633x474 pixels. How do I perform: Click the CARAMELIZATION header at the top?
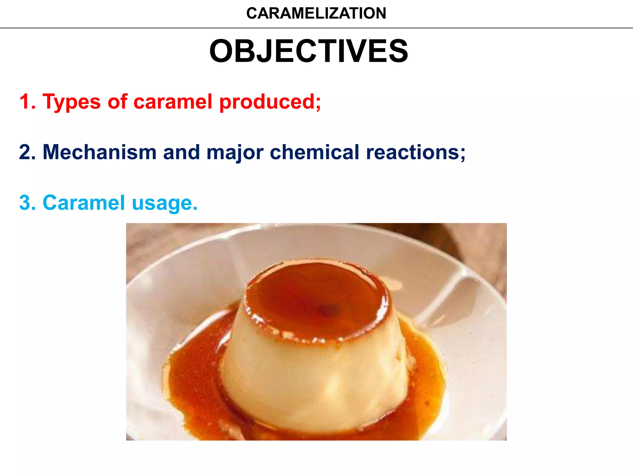(x=316, y=13)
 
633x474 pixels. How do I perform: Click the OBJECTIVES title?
(x=308, y=51)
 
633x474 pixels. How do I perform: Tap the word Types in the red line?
(x=71, y=102)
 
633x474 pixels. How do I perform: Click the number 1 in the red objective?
(x=25, y=102)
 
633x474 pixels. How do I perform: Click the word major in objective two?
(x=235, y=153)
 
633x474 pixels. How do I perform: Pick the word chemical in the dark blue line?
(x=314, y=152)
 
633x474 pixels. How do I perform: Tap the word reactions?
(x=415, y=152)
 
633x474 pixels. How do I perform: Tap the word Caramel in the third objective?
(x=84, y=203)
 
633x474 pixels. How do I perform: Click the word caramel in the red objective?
(x=172, y=102)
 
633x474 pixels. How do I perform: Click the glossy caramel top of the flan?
(x=309, y=293)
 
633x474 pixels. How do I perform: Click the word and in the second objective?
(x=181, y=152)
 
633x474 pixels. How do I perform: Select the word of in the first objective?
(x=117, y=102)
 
